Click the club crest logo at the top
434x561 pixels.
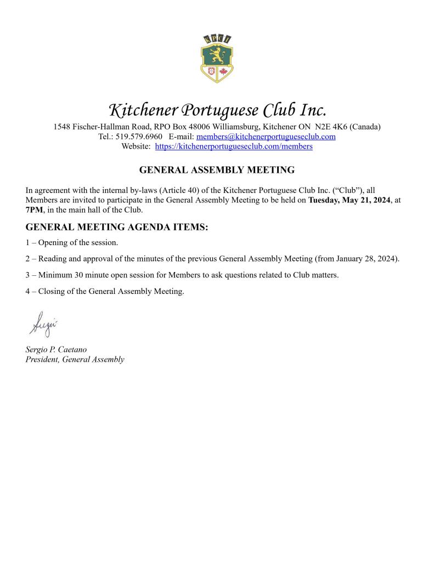217,58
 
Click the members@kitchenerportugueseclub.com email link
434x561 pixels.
266,137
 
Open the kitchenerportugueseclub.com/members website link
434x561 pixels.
234,146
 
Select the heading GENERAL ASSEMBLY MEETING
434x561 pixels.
217,170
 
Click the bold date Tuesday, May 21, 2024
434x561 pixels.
349,200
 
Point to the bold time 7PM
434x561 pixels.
33,210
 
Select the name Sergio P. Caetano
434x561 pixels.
56,349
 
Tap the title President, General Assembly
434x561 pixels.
75,360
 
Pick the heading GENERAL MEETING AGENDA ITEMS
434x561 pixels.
117,228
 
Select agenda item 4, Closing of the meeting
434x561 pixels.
105,291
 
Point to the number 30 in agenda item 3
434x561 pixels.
75,275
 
